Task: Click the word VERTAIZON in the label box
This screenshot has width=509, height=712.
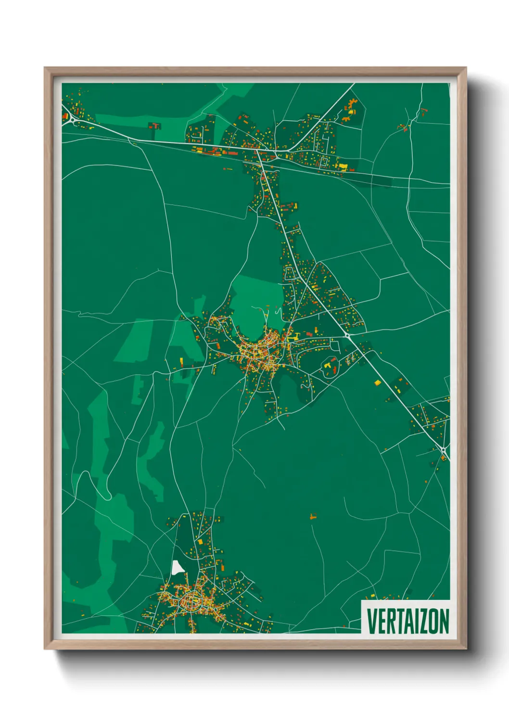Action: pos(407,621)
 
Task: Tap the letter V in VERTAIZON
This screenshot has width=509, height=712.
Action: pos(371,621)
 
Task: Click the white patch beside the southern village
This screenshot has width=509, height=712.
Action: pos(178,568)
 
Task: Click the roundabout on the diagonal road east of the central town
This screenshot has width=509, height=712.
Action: pos(346,334)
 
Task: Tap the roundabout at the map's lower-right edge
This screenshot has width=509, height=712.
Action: pos(443,450)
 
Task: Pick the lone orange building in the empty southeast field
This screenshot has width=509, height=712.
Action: pos(313,517)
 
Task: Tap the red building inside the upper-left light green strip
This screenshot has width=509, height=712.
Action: pos(156,126)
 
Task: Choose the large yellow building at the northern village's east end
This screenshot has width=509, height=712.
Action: pos(343,166)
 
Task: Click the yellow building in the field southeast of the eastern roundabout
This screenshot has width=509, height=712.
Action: pos(377,382)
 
